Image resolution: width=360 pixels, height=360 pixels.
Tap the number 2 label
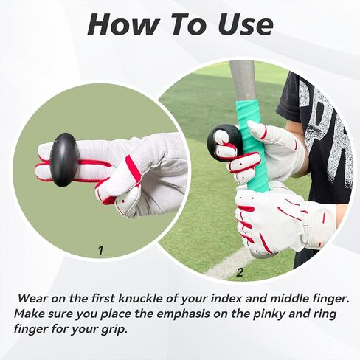(239, 272)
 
